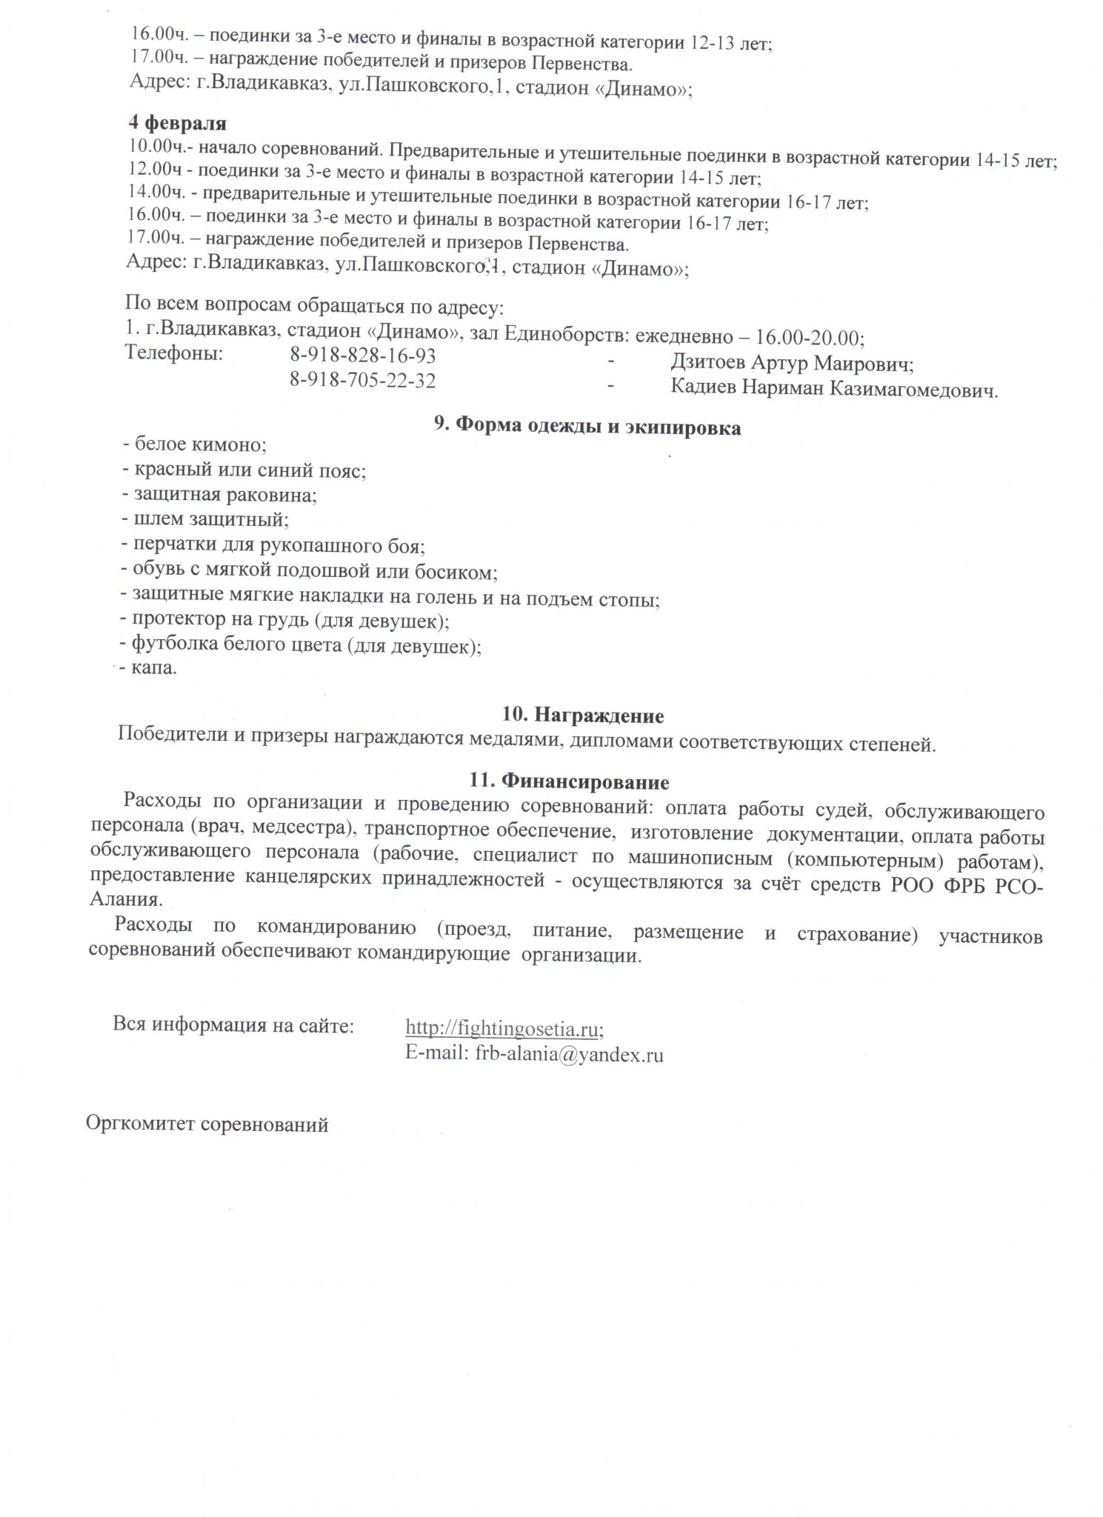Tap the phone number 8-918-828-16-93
tap(363, 356)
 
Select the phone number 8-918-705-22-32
tap(363, 381)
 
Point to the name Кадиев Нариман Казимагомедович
tap(834, 388)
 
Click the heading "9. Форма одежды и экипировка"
tap(587, 427)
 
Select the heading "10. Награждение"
tap(582, 716)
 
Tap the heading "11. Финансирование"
tap(570, 781)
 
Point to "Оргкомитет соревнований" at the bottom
tap(207, 1124)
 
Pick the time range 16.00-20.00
tap(809, 338)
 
